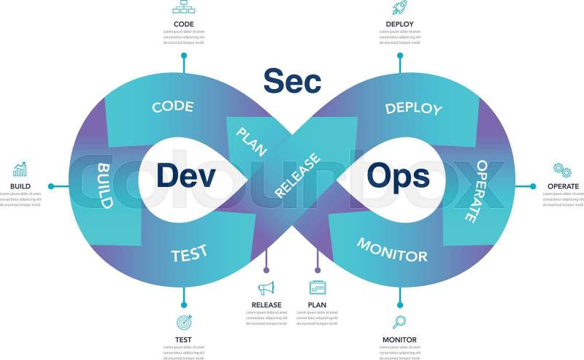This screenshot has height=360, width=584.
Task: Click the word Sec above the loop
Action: pyautogui.click(x=292, y=81)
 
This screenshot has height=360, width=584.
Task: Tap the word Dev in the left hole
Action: pyautogui.click(x=185, y=175)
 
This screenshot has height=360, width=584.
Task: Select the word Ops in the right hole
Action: pyautogui.click(x=398, y=175)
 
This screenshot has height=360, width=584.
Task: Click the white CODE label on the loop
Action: pyautogui.click(x=173, y=107)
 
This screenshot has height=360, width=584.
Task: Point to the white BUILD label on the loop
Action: pyautogui.click(x=104, y=185)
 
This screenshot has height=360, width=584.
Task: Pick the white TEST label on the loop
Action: pyautogui.click(x=189, y=253)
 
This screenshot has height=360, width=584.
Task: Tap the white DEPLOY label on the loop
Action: pyautogui.click(x=413, y=108)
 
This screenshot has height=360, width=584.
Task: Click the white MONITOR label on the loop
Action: pyautogui.click(x=392, y=250)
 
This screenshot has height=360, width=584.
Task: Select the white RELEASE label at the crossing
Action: pyautogui.click(x=298, y=175)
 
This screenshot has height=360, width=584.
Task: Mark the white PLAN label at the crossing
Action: pyautogui.click(x=250, y=140)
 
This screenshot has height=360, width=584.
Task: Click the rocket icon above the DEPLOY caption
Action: pyautogui.click(x=399, y=8)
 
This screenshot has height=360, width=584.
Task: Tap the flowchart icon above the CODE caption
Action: pyautogui.click(x=183, y=7)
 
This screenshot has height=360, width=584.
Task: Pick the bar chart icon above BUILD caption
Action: pyautogui.click(x=20, y=169)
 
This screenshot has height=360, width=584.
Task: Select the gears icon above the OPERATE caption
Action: pyautogui.click(x=562, y=169)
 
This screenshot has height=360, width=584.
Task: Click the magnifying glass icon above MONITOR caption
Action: pyautogui.click(x=399, y=321)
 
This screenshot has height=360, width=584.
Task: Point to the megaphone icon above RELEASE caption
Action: pyautogui.click(x=266, y=288)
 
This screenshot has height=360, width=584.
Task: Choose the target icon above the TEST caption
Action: pyautogui.click(x=183, y=322)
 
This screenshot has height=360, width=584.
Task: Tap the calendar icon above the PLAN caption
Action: pyautogui.click(x=317, y=288)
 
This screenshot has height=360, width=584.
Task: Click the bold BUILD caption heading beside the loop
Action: pyautogui.click(x=20, y=186)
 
